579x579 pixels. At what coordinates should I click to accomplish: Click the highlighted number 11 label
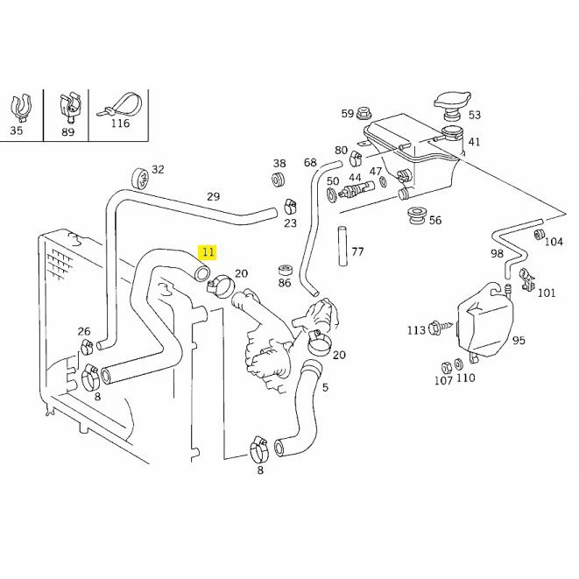pos(208,252)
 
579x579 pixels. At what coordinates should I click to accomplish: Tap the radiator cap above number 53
pos(452,104)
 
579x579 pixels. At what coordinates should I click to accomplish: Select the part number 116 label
pos(120,124)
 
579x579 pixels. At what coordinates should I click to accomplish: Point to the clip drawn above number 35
pos(20,108)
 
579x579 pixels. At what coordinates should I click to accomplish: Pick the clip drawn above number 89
pos(69,107)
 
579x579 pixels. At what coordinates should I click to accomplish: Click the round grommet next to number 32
pos(140,178)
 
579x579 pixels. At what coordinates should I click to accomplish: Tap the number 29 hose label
pos(213,196)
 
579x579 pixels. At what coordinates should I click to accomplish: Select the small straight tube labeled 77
pos(342,246)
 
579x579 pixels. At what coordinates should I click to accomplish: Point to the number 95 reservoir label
pos(519,340)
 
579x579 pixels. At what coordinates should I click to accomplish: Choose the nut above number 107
pos(447,368)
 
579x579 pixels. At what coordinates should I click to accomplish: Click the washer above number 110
pos(459,364)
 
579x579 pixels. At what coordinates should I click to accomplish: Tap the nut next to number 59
pos(364,114)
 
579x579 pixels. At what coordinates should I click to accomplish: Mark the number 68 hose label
pos(310,162)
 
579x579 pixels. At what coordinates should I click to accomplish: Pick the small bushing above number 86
pos(285,271)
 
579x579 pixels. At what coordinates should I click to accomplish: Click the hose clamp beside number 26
pos(87,346)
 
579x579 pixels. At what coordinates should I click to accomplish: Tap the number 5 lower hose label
pos(325,387)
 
